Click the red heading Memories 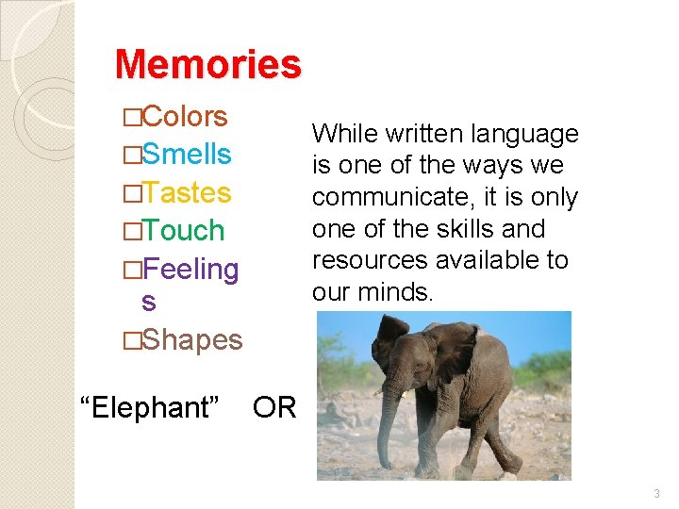pos(207,64)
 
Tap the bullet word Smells pos(187,155)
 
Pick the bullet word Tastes pos(187,192)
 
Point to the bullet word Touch pos(184,231)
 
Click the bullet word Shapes pos(192,339)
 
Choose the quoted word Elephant pos(151,407)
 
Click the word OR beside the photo pos(274,407)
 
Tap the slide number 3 pos(657,493)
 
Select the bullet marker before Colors pos(131,118)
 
